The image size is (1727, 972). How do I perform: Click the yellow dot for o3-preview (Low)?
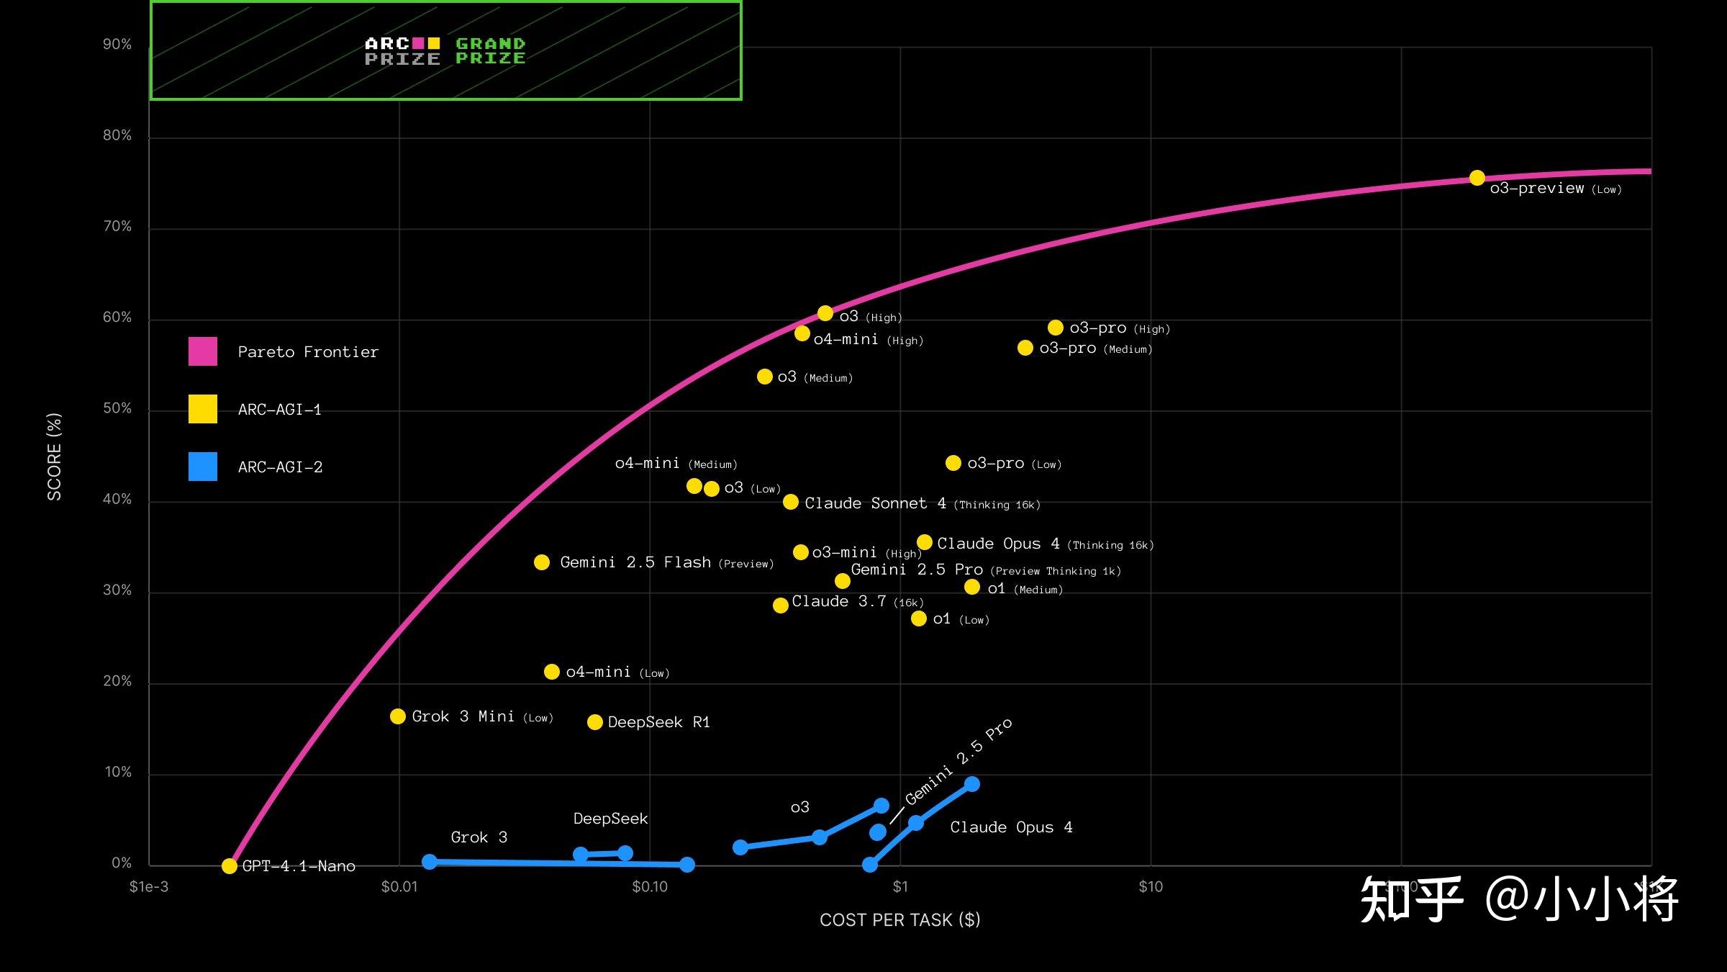pos(1477,178)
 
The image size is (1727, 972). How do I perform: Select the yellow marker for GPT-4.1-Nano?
pos(230,865)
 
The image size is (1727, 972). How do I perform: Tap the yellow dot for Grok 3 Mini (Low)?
pos(398,716)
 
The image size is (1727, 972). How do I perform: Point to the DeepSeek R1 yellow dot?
pos(595,722)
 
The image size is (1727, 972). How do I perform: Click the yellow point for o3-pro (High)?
pos(1056,328)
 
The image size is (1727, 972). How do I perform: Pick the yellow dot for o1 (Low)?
pos(919,618)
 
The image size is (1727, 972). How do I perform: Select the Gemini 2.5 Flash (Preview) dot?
pos(542,562)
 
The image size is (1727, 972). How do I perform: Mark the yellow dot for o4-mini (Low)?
pos(552,672)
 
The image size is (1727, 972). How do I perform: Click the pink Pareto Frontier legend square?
pos(203,351)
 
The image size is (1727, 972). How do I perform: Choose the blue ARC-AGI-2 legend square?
pos(203,467)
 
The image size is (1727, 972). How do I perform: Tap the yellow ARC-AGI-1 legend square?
pos(203,409)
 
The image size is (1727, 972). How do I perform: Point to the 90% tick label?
pos(117,45)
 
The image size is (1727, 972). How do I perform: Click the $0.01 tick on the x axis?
pos(399,886)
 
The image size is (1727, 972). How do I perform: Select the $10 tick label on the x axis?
pos(1151,886)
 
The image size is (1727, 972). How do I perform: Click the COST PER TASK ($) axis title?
pos(899,919)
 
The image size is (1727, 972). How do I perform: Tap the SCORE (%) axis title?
pos(55,456)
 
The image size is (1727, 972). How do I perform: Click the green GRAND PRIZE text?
pos(491,51)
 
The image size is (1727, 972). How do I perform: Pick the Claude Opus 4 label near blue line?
pos(1011,827)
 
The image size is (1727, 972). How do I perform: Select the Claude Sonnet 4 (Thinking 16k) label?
pos(922,503)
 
